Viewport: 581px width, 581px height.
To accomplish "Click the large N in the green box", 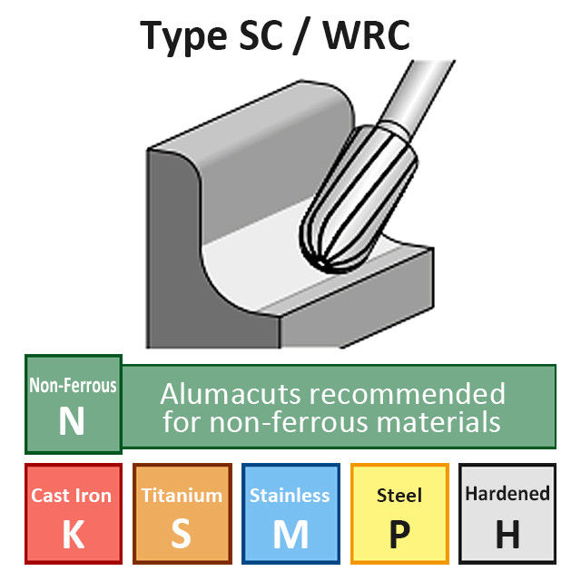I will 72,423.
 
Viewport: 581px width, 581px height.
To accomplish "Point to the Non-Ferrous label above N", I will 73,386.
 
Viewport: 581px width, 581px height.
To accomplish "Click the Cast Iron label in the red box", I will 72,496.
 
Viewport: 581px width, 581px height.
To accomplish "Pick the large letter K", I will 72,536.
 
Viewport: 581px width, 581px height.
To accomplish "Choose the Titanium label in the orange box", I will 182,496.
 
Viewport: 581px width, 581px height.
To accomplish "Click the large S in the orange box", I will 182,536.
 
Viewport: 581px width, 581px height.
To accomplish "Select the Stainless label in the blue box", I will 290,496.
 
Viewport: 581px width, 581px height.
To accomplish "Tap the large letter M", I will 290,536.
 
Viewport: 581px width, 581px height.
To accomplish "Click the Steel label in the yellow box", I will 399,496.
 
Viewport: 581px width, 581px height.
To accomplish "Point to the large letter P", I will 399,536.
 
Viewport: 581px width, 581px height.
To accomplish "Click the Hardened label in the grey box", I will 507,495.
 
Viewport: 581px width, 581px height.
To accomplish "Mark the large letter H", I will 507,536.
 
